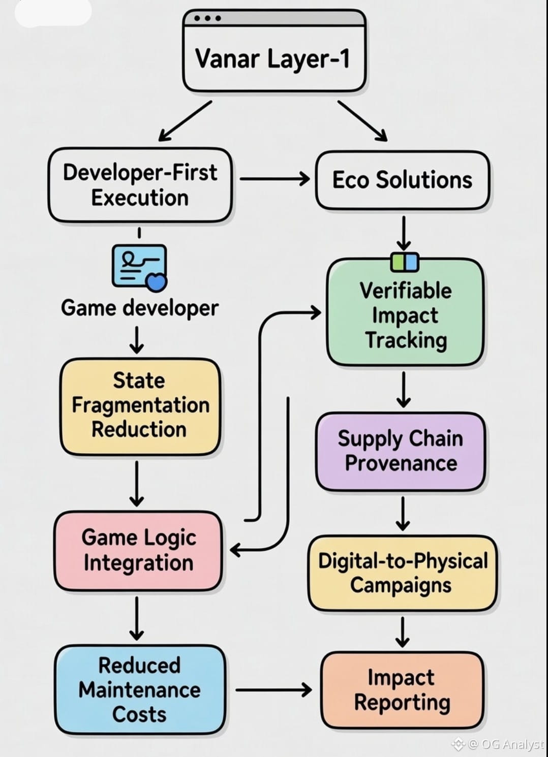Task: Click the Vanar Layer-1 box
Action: (273, 58)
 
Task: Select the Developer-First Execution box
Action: (140, 185)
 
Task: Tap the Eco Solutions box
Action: (402, 180)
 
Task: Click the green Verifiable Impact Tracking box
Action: (405, 315)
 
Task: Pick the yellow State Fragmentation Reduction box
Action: (140, 405)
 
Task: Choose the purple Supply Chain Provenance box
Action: (401, 451)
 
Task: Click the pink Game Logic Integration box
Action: (138, 550)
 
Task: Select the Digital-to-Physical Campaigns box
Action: (402, 573)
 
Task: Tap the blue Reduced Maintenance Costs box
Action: (140, 689)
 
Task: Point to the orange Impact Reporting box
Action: (402, 690)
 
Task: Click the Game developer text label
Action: (139, 308)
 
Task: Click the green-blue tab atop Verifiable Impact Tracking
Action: (405, 262)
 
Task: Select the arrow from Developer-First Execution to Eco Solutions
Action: (275, 179)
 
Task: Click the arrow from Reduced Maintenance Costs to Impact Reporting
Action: (273, 689)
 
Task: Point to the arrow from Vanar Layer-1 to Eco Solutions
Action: (362, 120)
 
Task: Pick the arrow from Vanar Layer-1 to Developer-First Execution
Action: (185, 120)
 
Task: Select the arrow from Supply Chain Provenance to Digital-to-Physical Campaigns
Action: (403, 513)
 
